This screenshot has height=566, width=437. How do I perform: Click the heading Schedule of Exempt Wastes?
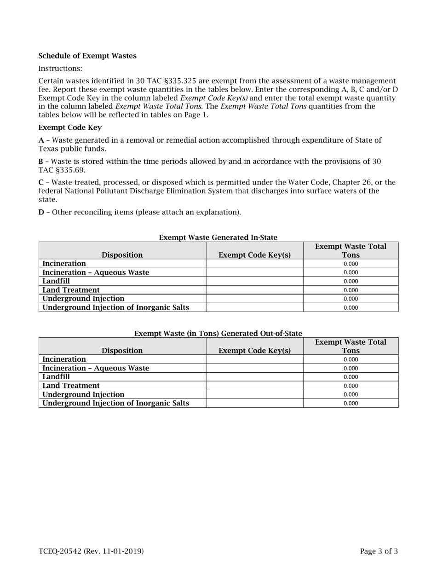click(x=87, y=56)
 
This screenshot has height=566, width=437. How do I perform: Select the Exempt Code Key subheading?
click(x=70, y=127)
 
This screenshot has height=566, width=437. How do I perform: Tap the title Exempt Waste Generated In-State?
click(x=218, y=237)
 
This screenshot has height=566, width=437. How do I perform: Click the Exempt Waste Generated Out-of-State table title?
click(x=218, y=333)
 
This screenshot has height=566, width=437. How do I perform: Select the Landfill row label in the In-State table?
click(x=56, y=281)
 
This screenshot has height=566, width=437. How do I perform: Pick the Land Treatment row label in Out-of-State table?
click(x=71, y=386)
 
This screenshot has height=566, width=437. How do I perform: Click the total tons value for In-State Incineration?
click(x=351, y=264)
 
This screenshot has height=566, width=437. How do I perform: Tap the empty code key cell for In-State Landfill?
click(x=254, y=281)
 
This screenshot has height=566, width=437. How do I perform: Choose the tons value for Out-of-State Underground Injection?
click(x=351, y=395)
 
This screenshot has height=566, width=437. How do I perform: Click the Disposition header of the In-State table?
click(x=122, y=255)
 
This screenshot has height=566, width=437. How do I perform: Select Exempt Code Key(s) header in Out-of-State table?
click(x=254, y=351)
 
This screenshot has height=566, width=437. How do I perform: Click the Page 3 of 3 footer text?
click(x=379, y=551)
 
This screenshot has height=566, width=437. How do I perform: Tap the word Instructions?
click(x=60, y=69)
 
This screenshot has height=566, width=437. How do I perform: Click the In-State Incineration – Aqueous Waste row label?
click(x=96, y=272)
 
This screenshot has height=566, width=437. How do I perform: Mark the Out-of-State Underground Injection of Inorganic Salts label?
click(x=115, y=404)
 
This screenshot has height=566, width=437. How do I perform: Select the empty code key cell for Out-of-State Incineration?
click(x=254, y=359)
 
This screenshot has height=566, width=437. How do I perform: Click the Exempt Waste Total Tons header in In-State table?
click(x=351, y=251)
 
